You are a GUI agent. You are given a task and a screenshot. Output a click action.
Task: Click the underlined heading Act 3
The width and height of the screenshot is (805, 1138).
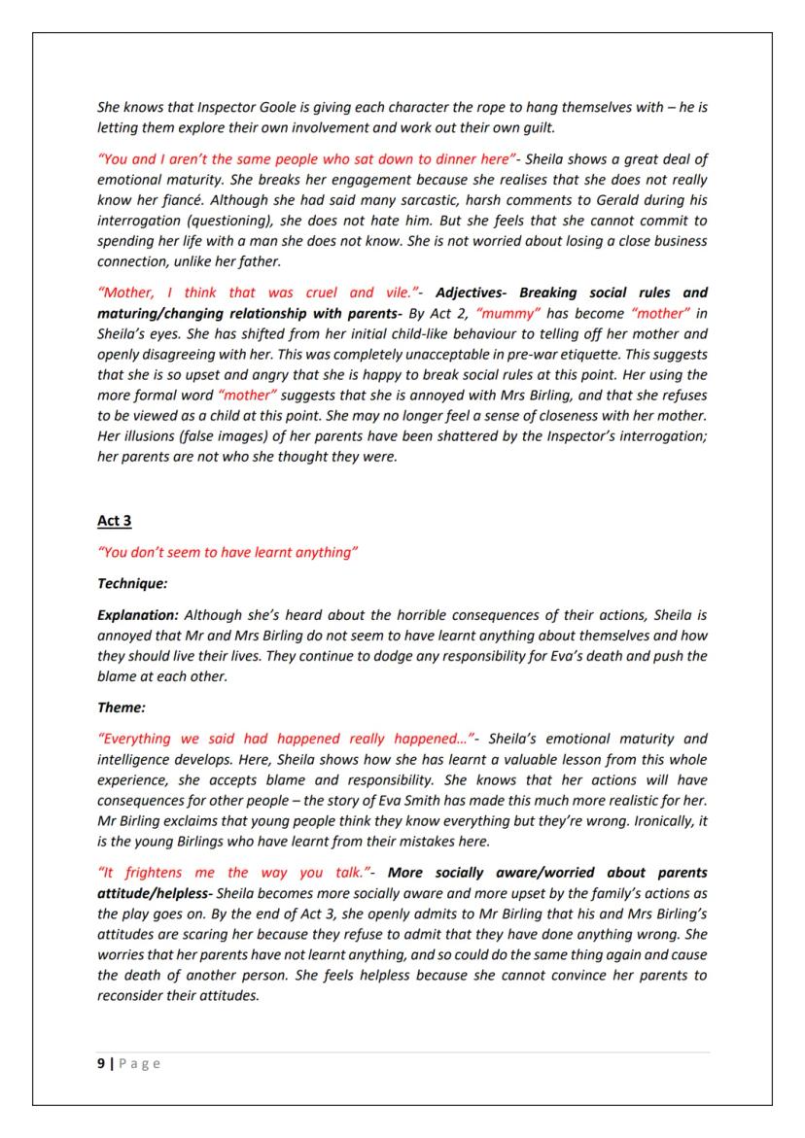point(114,521)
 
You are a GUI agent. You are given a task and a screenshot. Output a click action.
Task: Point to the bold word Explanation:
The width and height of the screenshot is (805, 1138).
point(137,615)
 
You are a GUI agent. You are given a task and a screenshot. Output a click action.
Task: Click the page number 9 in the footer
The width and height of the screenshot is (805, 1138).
point(101,1063)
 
